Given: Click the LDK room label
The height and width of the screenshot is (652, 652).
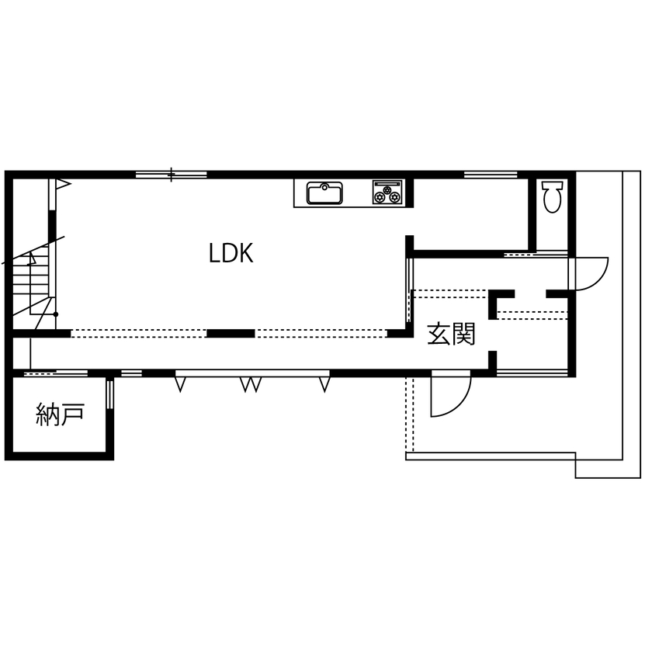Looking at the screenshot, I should pos(231,253).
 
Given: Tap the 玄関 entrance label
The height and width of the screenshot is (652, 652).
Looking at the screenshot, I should pos(451,335).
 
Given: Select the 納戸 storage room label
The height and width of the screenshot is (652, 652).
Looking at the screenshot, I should pos(60,415).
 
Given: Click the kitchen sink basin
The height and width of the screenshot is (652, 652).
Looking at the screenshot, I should pos(324,192).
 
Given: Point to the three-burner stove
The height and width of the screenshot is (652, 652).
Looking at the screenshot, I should pos(387,192).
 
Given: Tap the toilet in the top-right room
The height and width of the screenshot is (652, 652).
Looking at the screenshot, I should pos(552,197).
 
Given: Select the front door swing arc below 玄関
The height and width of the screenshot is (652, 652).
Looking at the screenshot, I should pos(451,396).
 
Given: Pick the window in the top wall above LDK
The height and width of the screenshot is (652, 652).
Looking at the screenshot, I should pos(171,175).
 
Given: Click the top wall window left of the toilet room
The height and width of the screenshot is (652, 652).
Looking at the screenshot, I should pos(491,175).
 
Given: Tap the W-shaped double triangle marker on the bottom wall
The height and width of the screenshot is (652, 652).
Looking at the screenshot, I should pos(250,383).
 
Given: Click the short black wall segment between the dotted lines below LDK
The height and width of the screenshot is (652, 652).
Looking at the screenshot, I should pos(231,334).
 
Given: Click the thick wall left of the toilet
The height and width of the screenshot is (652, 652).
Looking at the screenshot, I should pos(532,213).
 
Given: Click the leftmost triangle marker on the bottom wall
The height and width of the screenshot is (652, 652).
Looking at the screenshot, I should pos(181,383).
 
